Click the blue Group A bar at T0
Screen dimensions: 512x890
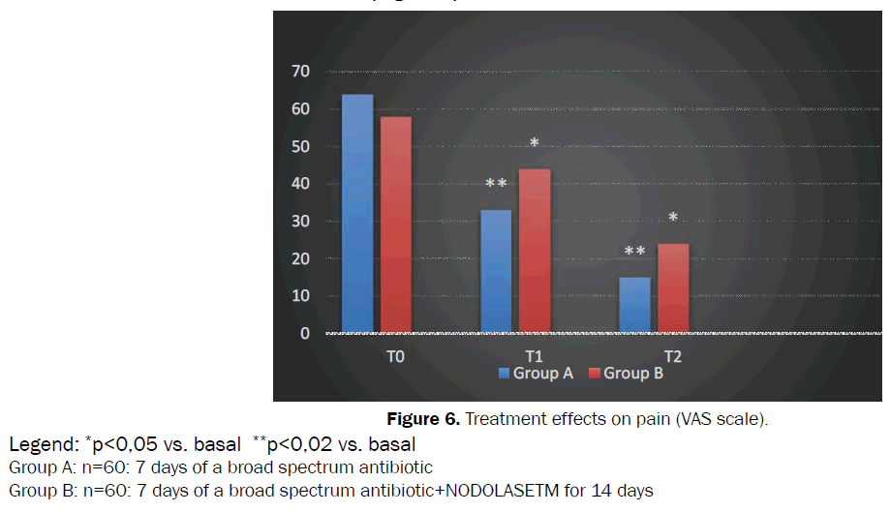click(357, 214)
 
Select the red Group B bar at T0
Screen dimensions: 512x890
click(396, 226)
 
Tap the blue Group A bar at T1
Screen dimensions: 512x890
click(496, 272)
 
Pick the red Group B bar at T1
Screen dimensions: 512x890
click(535, 252)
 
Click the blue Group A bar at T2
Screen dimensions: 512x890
click(634, 306)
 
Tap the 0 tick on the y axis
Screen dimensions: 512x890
click(305, 334)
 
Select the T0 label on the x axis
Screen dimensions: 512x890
click(395, 356)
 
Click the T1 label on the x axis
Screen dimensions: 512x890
click(534, 356)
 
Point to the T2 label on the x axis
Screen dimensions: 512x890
click(672, 356)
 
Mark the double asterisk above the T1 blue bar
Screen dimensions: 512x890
click(496, 184)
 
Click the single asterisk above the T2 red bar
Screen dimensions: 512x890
click(673, 218)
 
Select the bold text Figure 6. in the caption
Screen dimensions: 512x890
click(421, 419)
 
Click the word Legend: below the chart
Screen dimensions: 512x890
click(44, 445)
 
